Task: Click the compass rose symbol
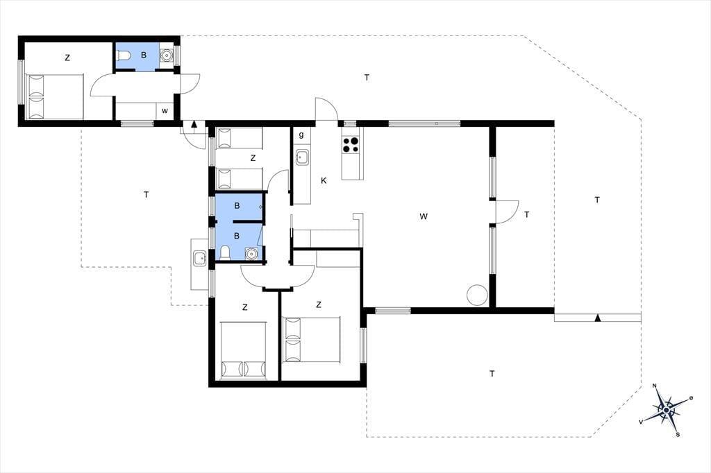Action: click(x=666, y=411)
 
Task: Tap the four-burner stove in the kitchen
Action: click(x=351, y=144)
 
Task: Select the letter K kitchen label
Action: click(x=324, y=181)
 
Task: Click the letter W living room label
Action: click(x=424, y=216)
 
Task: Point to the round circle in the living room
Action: click(x=477, y=295)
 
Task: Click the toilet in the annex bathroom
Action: click(x=124, y=55)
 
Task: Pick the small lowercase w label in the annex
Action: click(x=165, y=111)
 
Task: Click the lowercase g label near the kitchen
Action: click(x=301, y=135)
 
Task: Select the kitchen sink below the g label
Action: click(x=301, y=157)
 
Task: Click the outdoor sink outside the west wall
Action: click(x=199, y=258)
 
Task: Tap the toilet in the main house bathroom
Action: click(x=225, y=252)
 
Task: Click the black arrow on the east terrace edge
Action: click(x=598, y=318)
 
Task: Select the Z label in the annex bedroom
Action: click(x=67, y=58)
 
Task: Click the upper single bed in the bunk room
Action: click(x=239, y=138)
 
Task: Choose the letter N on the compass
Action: click(x=654, y=386)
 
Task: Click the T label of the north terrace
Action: click(x=367, y=78)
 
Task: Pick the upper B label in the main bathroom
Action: click(x=237, y=206)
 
